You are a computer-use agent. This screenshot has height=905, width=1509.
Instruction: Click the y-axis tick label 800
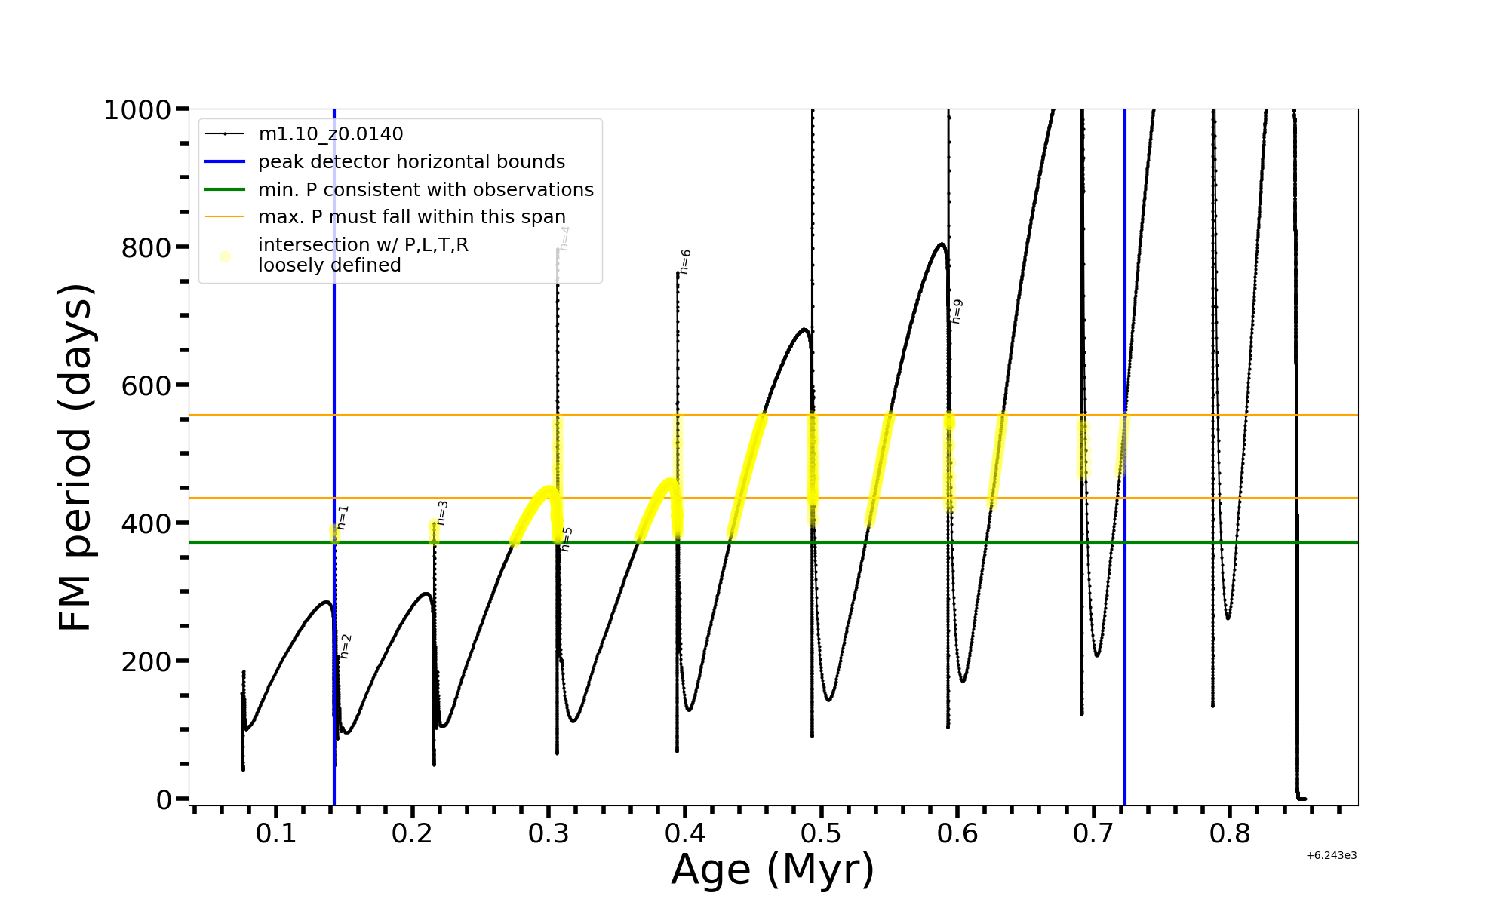(x=146, y=247)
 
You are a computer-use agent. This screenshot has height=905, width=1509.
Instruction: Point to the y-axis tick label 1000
(x=137, y=110)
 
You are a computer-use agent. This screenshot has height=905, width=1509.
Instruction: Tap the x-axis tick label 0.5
(x=821, y=833)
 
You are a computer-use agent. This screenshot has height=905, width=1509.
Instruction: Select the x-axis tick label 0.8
(x=1230, y=833)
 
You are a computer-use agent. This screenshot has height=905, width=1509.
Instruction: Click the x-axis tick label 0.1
(x=276, y=833)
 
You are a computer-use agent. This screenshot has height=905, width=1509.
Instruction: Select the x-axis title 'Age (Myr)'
(x=773, y=870)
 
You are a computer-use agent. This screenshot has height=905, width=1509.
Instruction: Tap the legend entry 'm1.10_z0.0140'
(x=330, y=134)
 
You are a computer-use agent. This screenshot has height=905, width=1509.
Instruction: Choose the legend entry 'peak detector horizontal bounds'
(x=411, y=162)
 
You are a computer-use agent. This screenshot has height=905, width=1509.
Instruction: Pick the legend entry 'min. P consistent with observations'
(x=426, y=190)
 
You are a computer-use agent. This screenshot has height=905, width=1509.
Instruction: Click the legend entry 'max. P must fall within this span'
(x=411, y=217)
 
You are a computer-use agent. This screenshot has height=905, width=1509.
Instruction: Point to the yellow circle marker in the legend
(x=225, y=256)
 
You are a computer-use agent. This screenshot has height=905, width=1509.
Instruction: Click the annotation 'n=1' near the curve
(x=343, y=517)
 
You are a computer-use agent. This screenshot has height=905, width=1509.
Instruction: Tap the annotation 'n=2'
(x=346, y=646)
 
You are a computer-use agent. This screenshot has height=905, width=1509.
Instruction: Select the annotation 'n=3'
(x=442, y=513)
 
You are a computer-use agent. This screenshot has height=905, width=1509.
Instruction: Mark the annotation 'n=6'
(x=685, y=261)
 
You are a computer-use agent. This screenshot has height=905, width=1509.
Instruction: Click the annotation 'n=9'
(x=957, y=311)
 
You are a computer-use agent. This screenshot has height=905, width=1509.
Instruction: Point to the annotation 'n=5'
(x=567, y=539)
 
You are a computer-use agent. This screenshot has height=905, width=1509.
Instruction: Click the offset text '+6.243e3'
(x=1331, y=856)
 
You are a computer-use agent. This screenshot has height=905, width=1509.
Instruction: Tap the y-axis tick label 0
(x=164, y=800)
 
